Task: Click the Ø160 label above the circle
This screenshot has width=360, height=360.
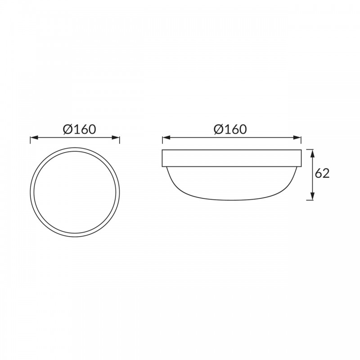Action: (79, 129)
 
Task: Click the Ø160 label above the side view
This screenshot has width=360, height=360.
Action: (230, 129)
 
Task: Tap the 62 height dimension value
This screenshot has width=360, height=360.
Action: (322, 173)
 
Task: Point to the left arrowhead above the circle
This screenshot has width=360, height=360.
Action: (34, 138)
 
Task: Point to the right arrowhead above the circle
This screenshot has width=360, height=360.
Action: (116, 138)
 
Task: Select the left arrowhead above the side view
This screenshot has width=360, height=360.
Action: (166, 138)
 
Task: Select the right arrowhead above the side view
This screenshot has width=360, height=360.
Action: (297, 138)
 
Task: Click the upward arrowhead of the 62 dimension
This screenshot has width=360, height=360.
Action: (312, 153)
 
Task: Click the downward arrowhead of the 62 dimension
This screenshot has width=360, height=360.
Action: (312, 196)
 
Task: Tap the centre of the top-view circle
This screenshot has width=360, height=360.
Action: (75, 192)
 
